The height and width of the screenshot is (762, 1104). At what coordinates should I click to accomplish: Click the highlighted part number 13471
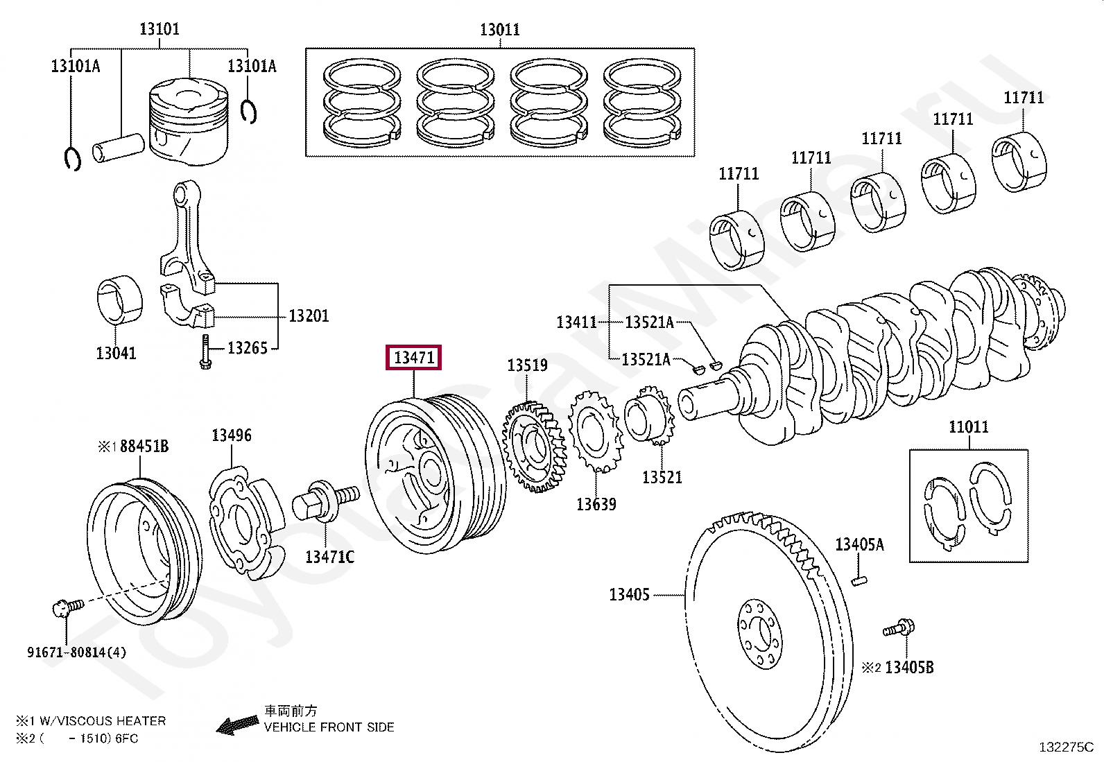point(413,358)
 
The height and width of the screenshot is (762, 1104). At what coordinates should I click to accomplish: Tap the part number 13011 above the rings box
point(499,30)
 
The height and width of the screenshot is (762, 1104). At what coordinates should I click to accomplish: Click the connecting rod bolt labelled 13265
point(205,352)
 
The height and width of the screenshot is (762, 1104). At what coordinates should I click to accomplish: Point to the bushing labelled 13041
point(119,300)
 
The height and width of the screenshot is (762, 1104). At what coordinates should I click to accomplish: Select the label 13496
point(232,435)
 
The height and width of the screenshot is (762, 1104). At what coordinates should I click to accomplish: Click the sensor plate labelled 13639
point(595,431)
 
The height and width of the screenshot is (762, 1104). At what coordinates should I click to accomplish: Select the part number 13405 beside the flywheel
point(629,594)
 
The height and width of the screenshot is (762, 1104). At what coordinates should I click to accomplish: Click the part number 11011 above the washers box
point(968,427)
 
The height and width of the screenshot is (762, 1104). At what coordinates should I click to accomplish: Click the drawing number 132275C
point(1065,747)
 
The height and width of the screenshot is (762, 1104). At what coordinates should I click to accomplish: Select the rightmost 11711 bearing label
point(1024,98)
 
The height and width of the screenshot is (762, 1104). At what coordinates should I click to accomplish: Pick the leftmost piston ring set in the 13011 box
point(362,103)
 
